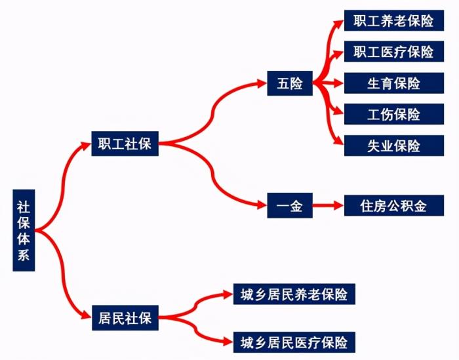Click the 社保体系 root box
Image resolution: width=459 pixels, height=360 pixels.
click(x=24, y=230)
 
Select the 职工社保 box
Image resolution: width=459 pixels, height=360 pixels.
click(x=125, y=144)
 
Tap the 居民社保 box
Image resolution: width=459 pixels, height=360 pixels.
click(x=125, y=318)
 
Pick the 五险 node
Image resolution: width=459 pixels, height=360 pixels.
click(x=289, y=84)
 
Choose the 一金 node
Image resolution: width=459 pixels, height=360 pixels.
click(x=289, y=206)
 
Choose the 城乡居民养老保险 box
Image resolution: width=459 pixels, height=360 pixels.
click(x=294, y=294)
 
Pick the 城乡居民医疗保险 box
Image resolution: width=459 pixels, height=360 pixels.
click(x=294, y=342)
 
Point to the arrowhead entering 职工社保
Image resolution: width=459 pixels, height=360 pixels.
click(x=87, y=144)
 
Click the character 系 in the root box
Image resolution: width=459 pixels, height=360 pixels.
click(x=24, y=256)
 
